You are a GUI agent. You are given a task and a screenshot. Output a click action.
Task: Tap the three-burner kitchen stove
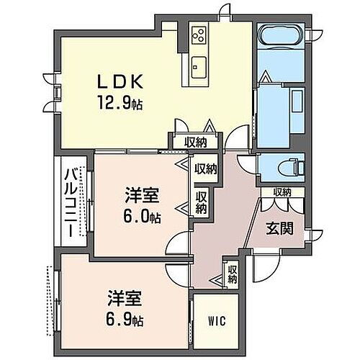199,35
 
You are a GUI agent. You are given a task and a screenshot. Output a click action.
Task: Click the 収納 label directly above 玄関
282,192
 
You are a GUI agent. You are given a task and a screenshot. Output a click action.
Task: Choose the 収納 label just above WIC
232,274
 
